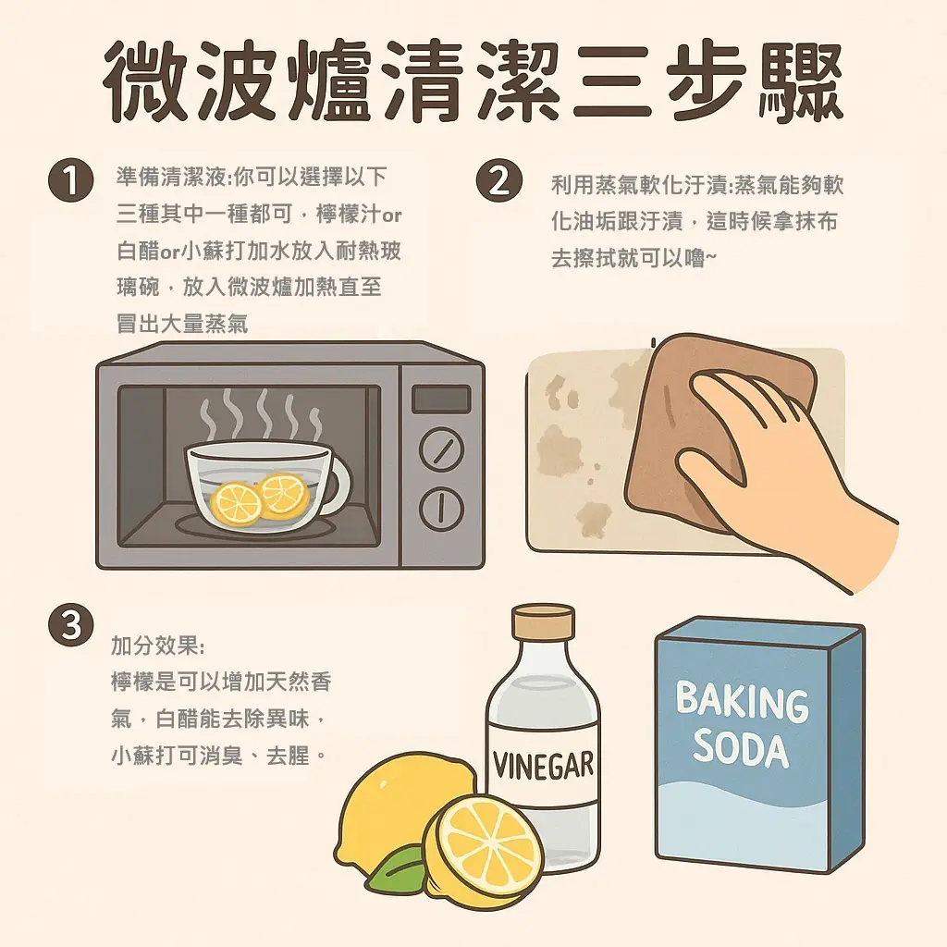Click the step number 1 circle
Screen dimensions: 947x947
pyautogui.click(x=70, y=180)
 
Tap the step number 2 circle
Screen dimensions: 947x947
pyautogui.click(x=498, y=180)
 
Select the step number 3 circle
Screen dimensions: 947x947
pyautogui.click(x=70, y=625)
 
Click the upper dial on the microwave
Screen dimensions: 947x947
pyautogui.click(x=441, y=449)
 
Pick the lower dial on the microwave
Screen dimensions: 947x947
pyautogui.click(x=441, y=508)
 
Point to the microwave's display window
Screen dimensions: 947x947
pyautogui.click(x=441, y=400)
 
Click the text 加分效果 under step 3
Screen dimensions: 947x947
pyautogui.click(x=158, y=646)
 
